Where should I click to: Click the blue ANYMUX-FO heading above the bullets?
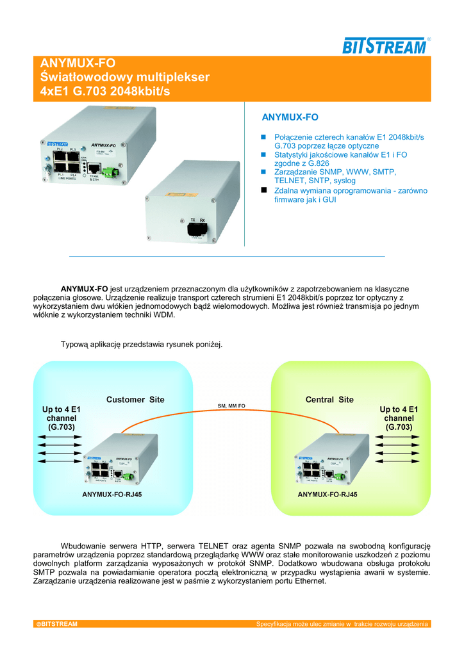290,117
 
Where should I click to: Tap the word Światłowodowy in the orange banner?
82,78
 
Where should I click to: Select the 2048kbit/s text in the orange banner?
141,92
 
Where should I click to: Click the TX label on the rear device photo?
193,219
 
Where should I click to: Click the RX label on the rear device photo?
203,219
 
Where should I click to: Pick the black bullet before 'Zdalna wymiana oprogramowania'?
263,191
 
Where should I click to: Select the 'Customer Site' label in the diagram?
135,400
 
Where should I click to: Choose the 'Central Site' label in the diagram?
329,400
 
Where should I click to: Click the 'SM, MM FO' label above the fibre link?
232,406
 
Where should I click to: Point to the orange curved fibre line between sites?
231,418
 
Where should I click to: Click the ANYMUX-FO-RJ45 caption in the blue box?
112,495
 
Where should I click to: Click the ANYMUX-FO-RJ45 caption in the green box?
327,495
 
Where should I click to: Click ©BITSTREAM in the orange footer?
56,624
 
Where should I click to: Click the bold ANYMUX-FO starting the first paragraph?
84,289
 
